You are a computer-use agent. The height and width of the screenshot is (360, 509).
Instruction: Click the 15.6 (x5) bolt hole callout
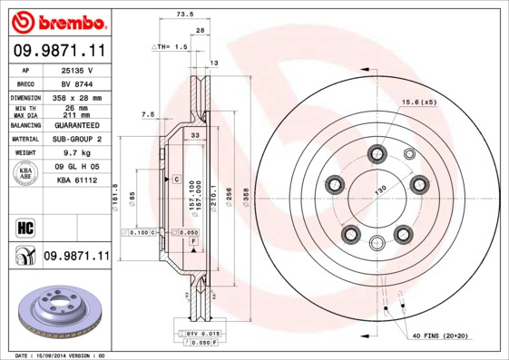[420, 102]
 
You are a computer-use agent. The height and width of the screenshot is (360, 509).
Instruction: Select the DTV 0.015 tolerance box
[194, 335]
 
